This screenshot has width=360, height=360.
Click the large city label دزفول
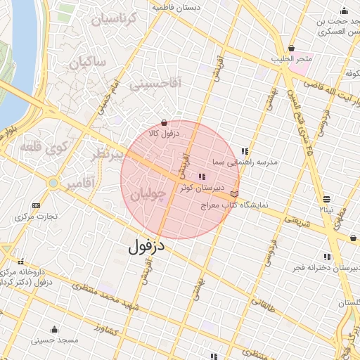click(x=146, y=247)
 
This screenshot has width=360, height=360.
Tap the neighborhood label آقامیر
click(x=81, y=185)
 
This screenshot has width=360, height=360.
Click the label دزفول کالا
click(x=165, y=133)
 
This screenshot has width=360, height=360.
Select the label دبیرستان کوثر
click(x=201, y=188)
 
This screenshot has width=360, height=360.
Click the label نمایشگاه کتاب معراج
click(x=253, y=205)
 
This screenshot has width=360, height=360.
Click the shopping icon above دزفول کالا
click(x=165, y=122)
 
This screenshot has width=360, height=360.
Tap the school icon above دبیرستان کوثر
click(x=202, y=176)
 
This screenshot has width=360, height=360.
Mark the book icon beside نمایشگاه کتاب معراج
click(x=234, y=193)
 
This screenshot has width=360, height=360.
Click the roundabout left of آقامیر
click(x=53, y=184)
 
